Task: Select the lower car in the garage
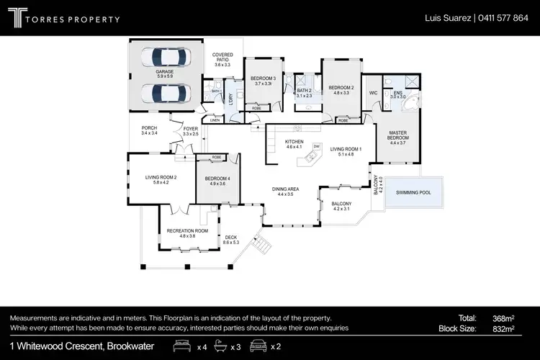(x=165, y=93)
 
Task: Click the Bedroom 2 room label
(x=341, y=89)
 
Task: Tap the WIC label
(x=373, y=93)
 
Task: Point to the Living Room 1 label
(x=346, y=150)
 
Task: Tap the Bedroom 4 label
(x=217, y=180)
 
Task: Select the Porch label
(x=149, y=130)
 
